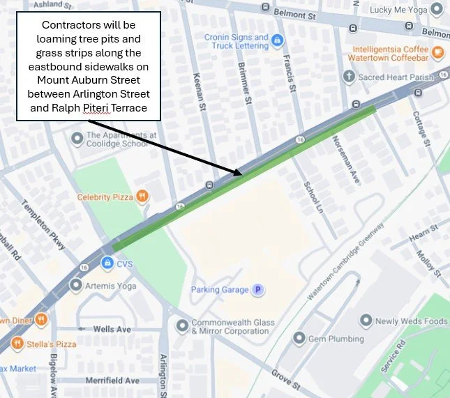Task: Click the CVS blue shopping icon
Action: pyautogui.click(x=107, y=263)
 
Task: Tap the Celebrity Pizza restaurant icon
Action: pyautogui.click(x=142, y=197)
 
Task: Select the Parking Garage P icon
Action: pyautogui.click(x=257, y=289)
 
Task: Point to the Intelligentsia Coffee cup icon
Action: pyautogui.click(x=437, y=52)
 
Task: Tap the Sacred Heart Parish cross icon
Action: pyautogui.click(x=349, y=77)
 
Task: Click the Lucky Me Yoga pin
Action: pyautogui.click(x=437, y=9)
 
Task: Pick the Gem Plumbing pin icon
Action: pyautogui.click(x=299, y=339)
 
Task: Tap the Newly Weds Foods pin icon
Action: pyautogui.click(x=366, y=321)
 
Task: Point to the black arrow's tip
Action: pyautogui.click(x=241, y=174)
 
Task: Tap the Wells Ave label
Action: pyautogui.click(x=112, y=329)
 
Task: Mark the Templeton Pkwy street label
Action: pyautogui.click(x=53, y=227)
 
